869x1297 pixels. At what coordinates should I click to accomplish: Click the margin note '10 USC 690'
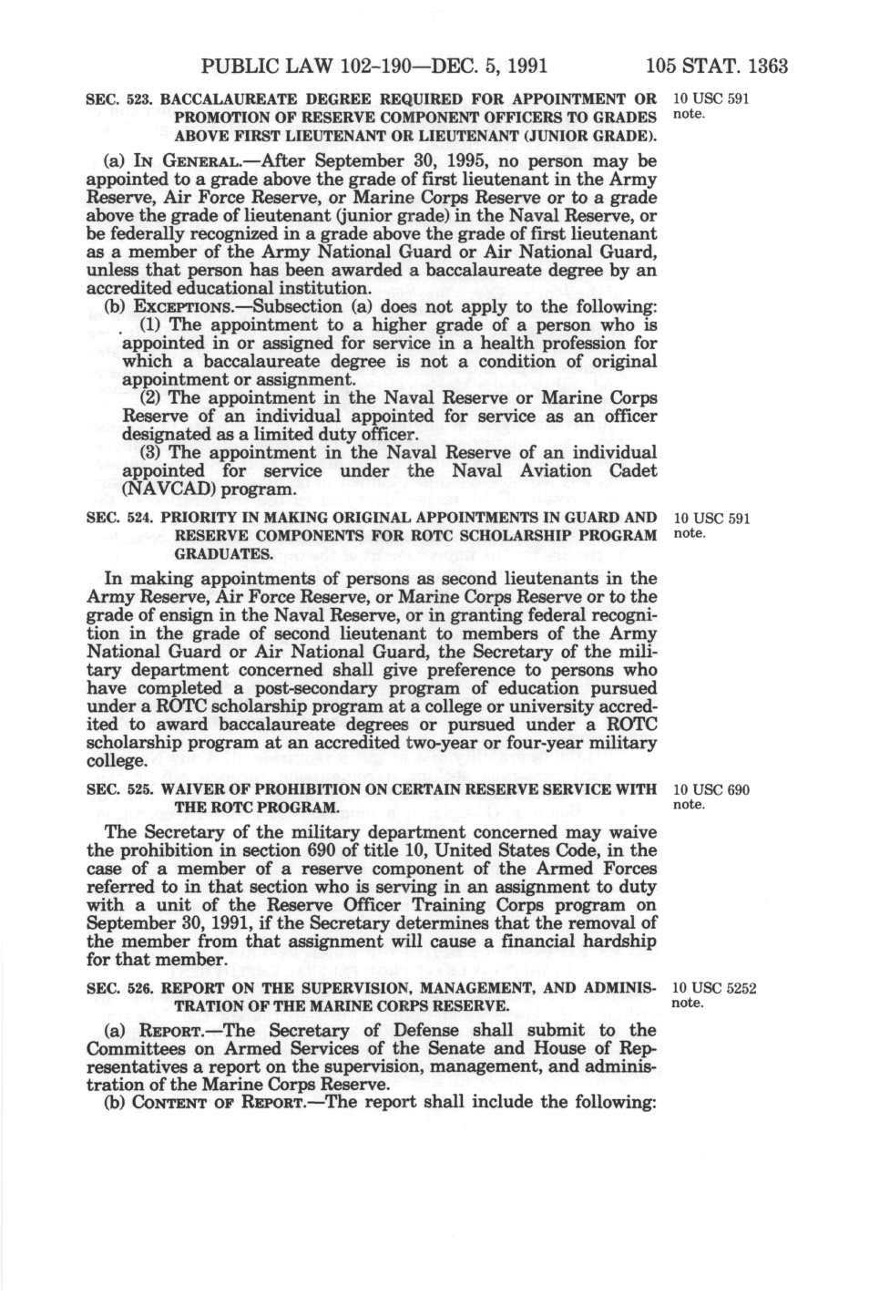point(710,789)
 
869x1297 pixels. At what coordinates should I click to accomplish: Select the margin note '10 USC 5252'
point(713,987)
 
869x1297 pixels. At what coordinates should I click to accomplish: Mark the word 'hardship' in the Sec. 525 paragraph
point(617,942)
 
